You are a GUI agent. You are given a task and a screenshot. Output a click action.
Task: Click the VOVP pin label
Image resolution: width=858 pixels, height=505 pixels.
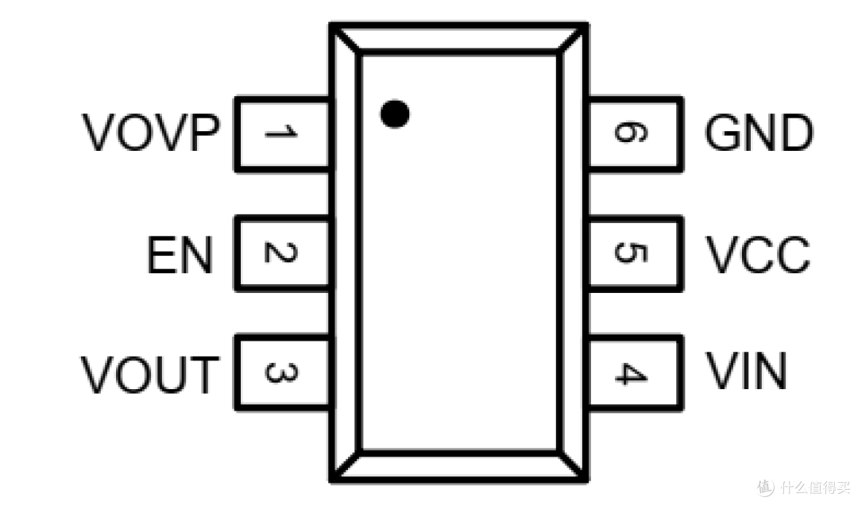pyautogui.click(x=151, y=133)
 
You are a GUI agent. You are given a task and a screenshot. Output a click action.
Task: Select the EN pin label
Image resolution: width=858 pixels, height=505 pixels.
pyautogui.click(x=180, y=254)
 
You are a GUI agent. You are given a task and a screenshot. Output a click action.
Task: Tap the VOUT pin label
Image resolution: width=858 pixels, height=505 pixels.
pyautogui.click(x=150, y=374)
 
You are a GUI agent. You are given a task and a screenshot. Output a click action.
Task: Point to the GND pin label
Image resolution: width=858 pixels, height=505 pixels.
pyautogui.click(x=759, y=133)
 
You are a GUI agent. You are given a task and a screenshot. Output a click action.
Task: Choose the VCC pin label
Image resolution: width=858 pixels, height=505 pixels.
pyautogui.click(x=757, y=254)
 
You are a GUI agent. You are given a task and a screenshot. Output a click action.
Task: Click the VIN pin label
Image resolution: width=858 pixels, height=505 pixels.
pyautogui.click(x=746, y=371)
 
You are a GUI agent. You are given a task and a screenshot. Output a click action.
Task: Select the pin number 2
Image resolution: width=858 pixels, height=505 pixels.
pyautogui.click(x=280, y=252)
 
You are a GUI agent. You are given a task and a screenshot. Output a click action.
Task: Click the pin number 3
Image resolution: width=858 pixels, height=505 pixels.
pyautogui.click(x=280, y=372)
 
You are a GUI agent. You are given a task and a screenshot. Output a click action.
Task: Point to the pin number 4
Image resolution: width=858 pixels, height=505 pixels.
pyautogui.click(x=632, y=374)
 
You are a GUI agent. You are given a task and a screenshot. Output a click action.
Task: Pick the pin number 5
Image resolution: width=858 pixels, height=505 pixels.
pyautogui.click(x=632, y=252)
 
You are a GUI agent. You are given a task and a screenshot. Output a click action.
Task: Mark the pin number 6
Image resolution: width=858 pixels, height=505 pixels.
pyautogui.click(x=632, y=133)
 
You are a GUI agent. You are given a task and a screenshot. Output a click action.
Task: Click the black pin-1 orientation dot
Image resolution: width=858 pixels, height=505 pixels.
pyautogui.click(x=395, y=114)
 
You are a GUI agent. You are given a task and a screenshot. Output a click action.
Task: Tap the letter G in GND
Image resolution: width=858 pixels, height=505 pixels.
pyautogui.click(x=721, y=133)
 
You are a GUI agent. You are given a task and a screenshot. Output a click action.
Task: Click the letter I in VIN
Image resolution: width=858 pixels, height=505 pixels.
pyautogui.click(x=744, y=371)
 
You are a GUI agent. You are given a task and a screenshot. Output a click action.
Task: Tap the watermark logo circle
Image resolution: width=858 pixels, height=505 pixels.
pyautogui.click(x=766, y=487)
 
